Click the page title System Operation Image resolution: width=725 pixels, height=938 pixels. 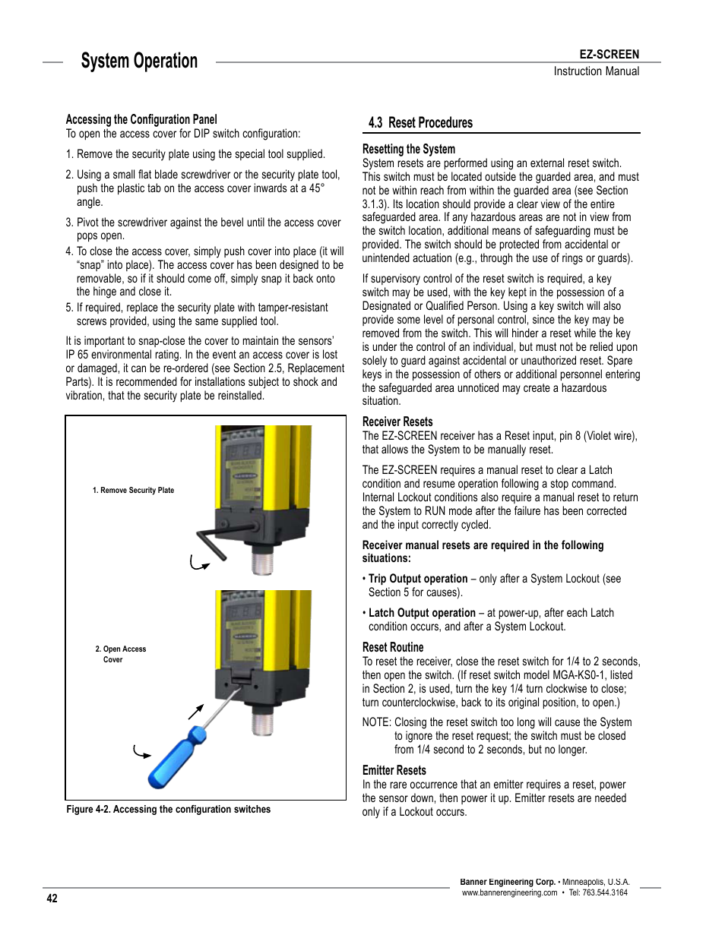point(139,62)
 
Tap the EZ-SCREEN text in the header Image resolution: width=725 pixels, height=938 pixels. point(609,55)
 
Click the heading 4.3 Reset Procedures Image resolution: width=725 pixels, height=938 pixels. point(420,123)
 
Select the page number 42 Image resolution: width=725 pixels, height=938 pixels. point(52,899)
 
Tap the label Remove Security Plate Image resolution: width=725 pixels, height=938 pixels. point(133,491)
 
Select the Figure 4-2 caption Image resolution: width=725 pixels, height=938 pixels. point(168,810)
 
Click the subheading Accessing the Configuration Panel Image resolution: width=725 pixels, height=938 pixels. point(141,119)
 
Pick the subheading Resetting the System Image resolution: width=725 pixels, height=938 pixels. point(409,150)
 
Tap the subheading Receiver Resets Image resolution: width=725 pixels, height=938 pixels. point(397,422)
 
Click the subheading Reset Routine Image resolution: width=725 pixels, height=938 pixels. point(393,648)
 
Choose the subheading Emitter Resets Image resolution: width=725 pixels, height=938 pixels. point(394,771)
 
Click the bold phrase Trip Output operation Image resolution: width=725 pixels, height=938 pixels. point(418,579)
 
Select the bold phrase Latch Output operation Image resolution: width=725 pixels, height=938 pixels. point(422,613)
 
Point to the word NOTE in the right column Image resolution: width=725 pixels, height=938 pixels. point(376,722)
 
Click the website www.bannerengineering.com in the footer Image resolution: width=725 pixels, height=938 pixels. point(509,893)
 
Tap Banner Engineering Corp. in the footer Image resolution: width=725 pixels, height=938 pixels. point(508,882)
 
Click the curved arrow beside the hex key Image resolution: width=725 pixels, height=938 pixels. point(198,564)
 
